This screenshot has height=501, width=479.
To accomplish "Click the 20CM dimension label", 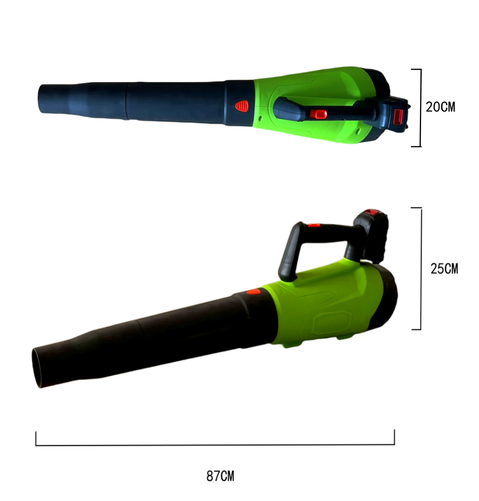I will tap(440, 107).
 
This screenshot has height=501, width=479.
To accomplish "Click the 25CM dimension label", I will tap(444, 269).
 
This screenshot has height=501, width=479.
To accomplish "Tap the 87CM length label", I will tap(220, 476).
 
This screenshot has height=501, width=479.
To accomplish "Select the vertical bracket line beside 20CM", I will tap(421, 107).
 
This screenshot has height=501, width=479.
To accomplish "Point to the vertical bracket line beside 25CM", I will tap(421, 269).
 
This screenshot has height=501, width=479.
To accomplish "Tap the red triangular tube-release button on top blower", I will tap(242, 106).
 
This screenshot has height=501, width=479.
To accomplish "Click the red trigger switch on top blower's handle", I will tap(318, 114).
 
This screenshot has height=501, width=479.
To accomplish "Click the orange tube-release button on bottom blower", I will tap(253, 292).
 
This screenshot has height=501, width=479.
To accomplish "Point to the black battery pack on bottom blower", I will tap(371, 235).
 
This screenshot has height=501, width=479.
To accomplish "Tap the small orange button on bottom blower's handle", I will tap(314, 225).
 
